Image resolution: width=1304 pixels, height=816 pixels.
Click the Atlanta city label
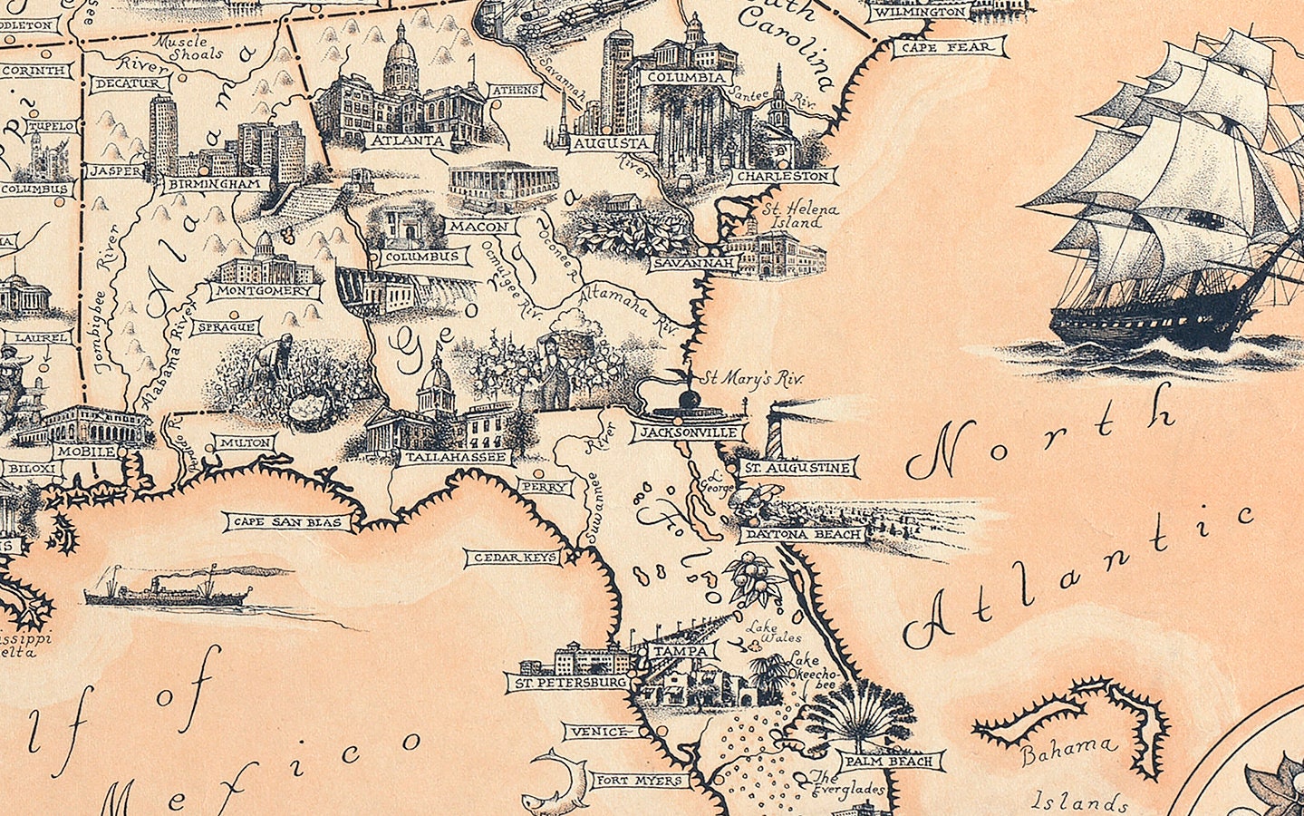pyautogui.click(x=407, y=141)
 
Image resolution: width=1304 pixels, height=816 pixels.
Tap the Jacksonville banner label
pyautogui.click(x=688, y=432)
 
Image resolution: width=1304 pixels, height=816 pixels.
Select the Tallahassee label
pyautogui.click(x=456, y=457)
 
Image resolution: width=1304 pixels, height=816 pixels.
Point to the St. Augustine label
pyautogui.click(x=797, y=468)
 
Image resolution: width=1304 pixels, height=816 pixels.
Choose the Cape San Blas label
pyautogui.click(x=287, y=522)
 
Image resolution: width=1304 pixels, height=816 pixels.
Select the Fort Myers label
pyautogui.click(x=638, y=780)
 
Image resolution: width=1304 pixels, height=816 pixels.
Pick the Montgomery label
pyautogui.click(x=265, y=291)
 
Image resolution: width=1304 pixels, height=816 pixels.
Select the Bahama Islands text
pyautogui.click(x=1074, y=775)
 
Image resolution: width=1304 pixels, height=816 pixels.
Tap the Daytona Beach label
pyautogui.click(x=803, y=535)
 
